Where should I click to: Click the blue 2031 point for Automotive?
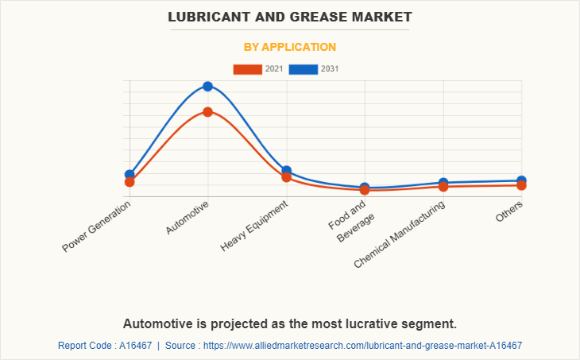point(208,87)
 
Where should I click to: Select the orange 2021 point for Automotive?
point(208,112)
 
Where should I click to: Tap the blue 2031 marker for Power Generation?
point(130,174)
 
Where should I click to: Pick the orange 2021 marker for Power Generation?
point(130,182)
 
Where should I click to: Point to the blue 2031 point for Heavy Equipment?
point(287,171)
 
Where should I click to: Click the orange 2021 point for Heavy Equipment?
point(287,177)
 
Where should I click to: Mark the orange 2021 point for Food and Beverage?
point(365,190)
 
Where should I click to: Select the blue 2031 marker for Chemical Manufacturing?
point(443,183)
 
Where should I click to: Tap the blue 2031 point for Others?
point(521,180)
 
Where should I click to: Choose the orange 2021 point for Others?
point(521,185)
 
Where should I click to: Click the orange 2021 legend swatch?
point(247,69)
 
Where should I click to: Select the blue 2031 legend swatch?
point(304,69)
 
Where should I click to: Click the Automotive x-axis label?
point(188,218)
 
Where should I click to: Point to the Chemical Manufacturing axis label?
point(400,234)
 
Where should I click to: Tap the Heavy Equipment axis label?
point(254,226)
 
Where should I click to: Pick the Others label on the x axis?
point(509,211)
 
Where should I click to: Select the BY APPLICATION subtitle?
point(290,47)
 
